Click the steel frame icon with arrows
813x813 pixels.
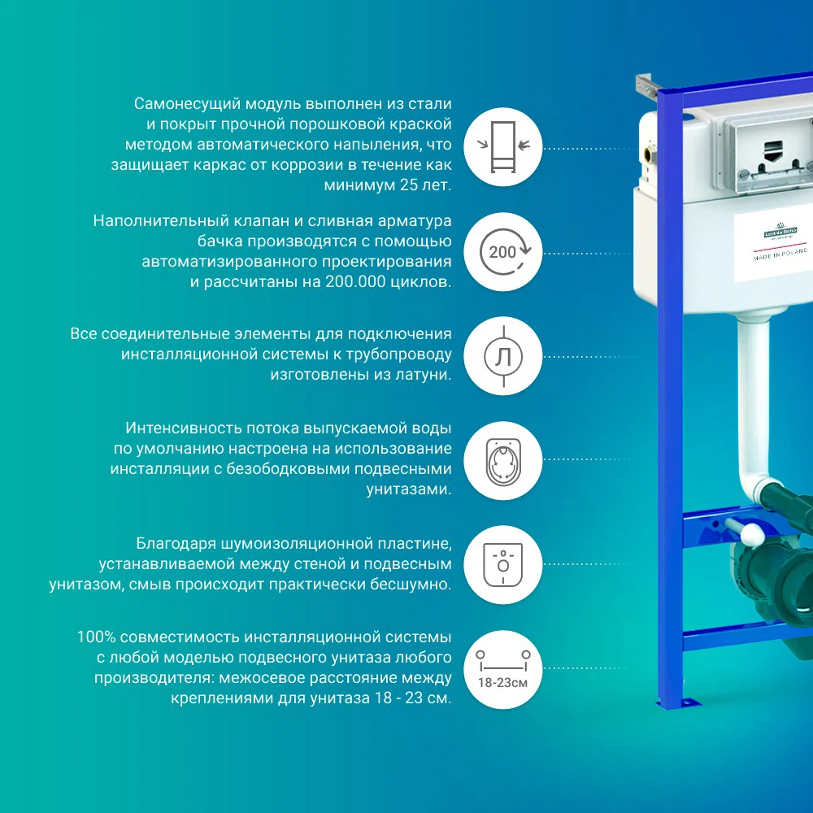[503, 146]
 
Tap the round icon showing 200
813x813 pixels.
[503, 252]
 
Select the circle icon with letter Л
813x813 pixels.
[503, 356]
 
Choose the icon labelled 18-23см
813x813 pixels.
[503, 669]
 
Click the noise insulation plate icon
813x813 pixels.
[503, 565]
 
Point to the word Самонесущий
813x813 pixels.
[187, 104]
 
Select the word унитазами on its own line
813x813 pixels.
[409, 489]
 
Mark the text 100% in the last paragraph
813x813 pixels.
[96, 637]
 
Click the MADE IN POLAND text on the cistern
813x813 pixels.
[780, 254]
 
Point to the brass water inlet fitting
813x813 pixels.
[649, 154]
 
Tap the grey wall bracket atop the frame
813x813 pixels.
[646, 86]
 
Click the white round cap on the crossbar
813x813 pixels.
[751, 534]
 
